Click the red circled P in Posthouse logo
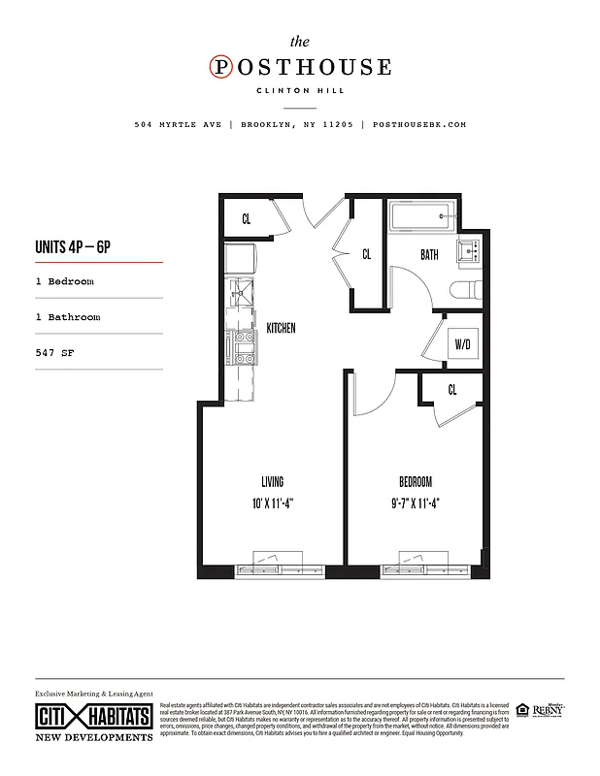tap(221, 67)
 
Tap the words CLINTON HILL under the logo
tap(301, 92)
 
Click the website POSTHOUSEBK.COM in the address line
tap(419, 125)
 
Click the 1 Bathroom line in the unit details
tap(68, 317)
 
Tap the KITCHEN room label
tap(281, 329)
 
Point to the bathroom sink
tap(471, 250)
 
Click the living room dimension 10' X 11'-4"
tap(272, 502)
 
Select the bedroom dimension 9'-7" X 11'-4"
tap(415, 502)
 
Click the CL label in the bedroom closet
tap(452, 389)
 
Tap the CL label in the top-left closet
tap(247, 219)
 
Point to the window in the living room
tap(274, 566)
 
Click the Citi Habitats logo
tap(93, 718)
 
